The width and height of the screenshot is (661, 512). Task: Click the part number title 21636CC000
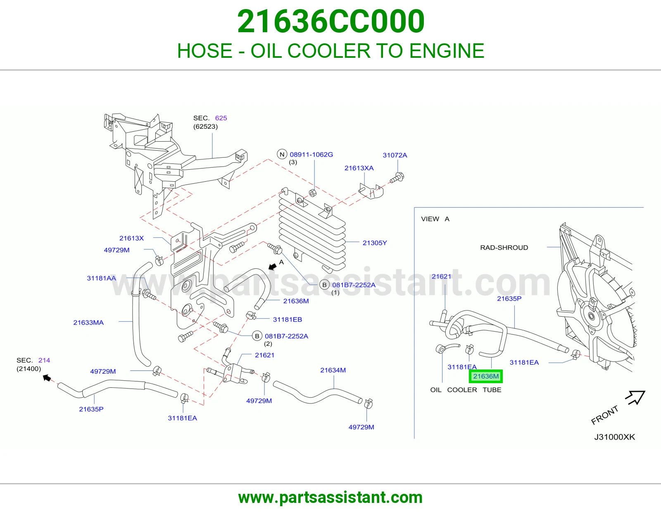[330, 21]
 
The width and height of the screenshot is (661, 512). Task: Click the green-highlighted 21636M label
[485, 377]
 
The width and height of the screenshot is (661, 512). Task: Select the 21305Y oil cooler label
[374, 243]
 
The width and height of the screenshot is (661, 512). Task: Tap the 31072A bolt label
[395, 155]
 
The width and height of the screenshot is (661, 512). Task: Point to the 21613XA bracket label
[359, 168]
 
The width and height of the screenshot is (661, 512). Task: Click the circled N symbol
[282, 154]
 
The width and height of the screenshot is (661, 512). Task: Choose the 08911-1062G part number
[311, 154]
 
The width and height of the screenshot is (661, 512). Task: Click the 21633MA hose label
[88, 322]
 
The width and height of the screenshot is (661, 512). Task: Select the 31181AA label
[101, 278]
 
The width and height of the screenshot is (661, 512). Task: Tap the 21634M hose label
[333, 370]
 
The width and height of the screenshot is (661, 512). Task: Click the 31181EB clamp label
[287, 320]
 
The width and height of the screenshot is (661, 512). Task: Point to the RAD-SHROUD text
[504, 247]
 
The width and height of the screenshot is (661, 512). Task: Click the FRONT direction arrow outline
[635, 397]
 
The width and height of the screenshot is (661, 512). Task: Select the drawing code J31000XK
[614, 437]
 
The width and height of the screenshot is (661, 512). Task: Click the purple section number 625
[221, 118]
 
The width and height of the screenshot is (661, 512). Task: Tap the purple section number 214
[44, 360]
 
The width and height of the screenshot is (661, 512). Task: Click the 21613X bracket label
[131, 238]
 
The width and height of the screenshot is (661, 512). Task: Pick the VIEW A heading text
[435, 219]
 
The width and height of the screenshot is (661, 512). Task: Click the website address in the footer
[330, 498]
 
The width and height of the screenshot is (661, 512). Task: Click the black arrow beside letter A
[273, 266]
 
